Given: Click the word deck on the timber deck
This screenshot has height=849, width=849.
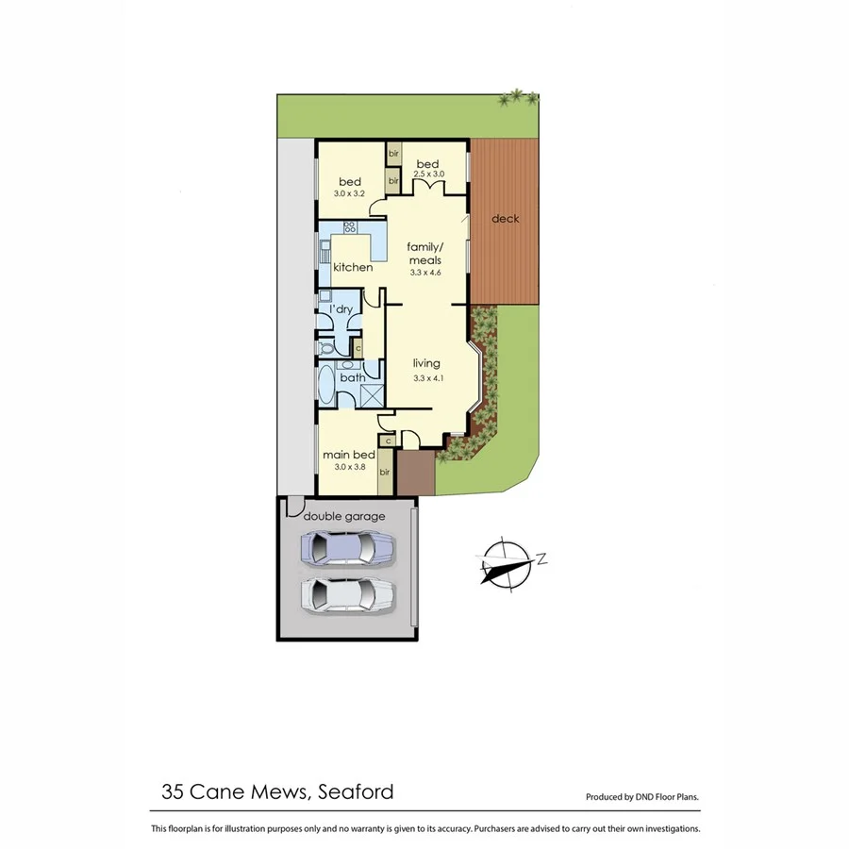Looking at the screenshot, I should (506, 219).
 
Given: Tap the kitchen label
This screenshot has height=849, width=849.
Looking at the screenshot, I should (352, 268).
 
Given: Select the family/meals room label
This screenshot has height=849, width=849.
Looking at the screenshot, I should (425, 254).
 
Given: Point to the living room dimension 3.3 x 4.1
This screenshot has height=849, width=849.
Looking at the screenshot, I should (427, 378).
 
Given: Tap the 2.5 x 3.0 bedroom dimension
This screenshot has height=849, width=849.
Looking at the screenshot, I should (427, 175).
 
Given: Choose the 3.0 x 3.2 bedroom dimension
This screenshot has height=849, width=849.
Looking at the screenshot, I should (349, 192).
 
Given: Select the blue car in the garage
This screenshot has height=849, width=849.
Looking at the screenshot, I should (346, 548).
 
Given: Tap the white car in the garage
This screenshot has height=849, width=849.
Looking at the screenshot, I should (346, 594).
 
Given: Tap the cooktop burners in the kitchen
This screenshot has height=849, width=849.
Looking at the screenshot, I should (349, 227).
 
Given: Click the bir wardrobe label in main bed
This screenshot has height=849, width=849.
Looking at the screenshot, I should (385, 472).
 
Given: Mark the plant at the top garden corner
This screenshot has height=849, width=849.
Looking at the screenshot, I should (521, 96).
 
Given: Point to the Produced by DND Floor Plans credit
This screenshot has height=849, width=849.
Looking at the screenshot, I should (642, 797).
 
